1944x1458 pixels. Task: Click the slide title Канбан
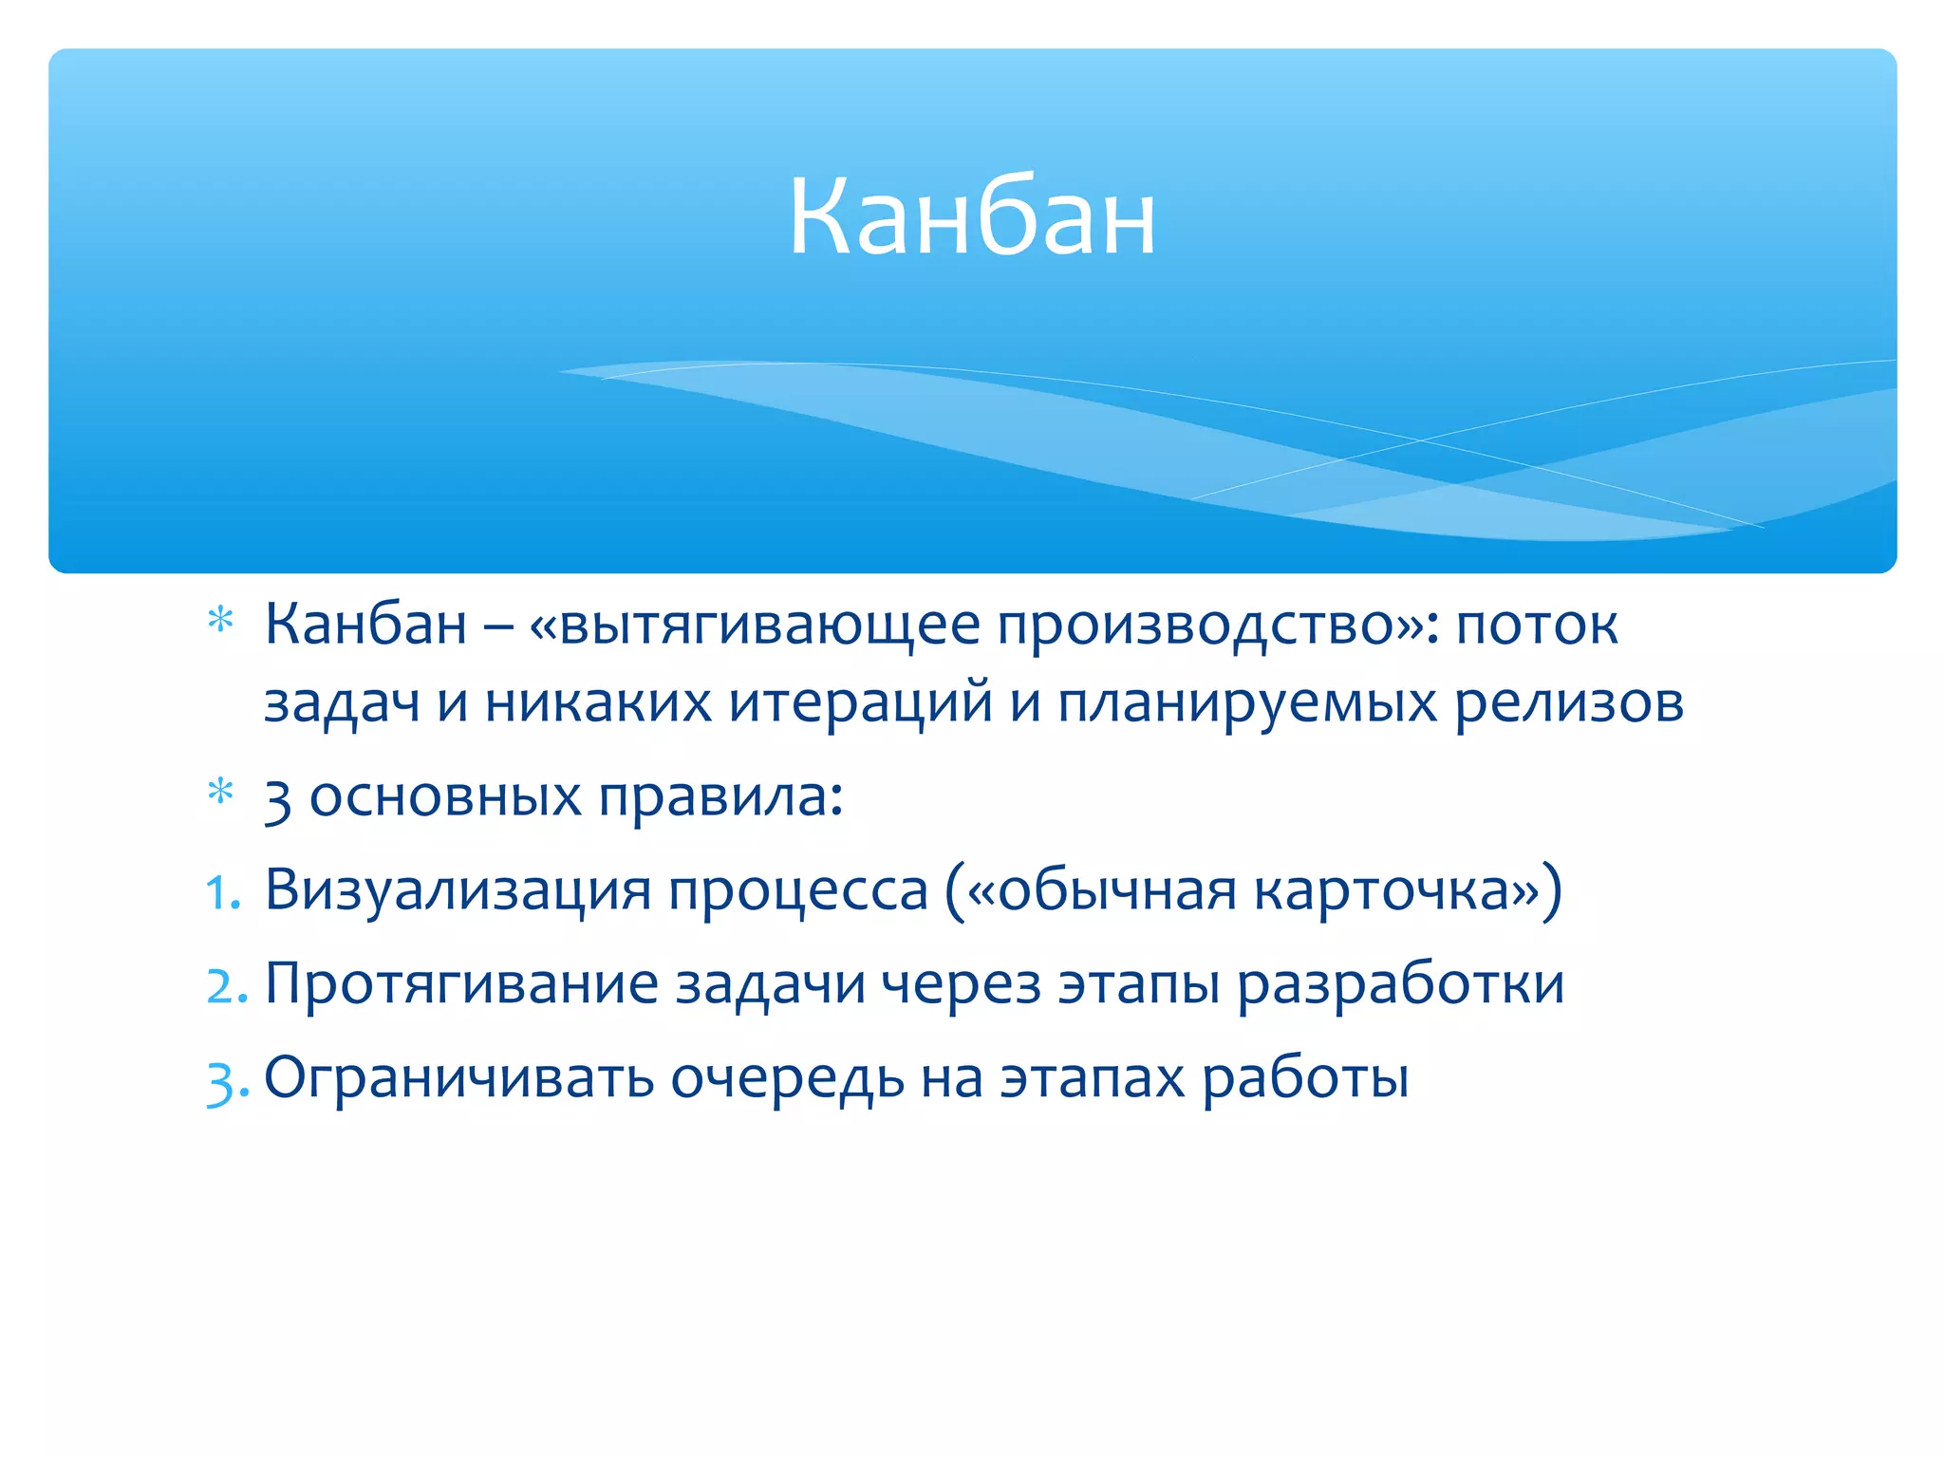click(972, 218)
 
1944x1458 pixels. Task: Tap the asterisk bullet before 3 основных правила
click(220, 792)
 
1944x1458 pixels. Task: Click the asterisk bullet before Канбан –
click(220, 621)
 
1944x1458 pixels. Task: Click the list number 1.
click(223, 892)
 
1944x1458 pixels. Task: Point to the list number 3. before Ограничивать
click(227, 1080)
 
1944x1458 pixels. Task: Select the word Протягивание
click(461, 984)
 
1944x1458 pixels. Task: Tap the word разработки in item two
click(1400, 984)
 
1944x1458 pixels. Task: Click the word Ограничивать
click(458, 1078)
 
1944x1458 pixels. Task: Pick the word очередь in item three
click(787, 1078)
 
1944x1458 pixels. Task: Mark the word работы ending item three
click(1305, 1078)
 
